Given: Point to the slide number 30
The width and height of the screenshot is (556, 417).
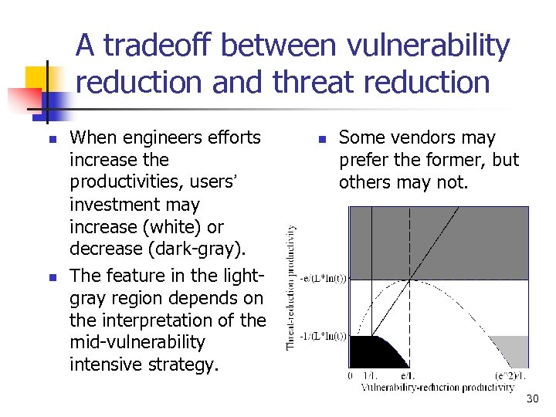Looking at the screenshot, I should coord(532,398).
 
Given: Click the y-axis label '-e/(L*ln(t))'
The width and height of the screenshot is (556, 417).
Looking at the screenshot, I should coord(323,279).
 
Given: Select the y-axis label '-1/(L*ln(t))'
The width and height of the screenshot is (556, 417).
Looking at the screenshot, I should coord(323,336).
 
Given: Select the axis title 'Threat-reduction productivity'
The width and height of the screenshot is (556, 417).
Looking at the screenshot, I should coord(292,286).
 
